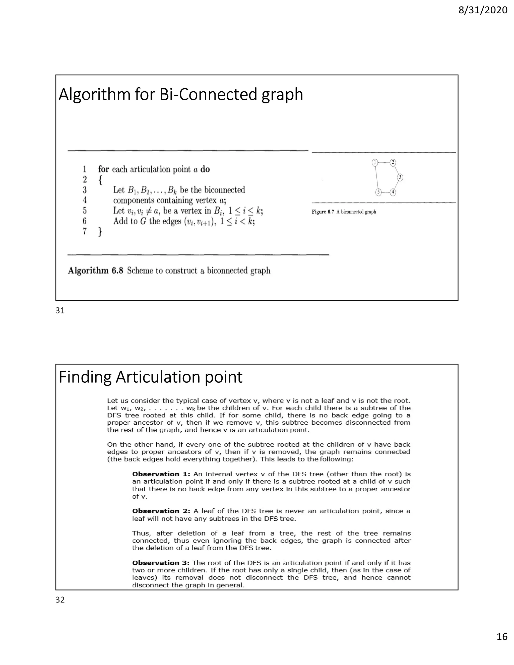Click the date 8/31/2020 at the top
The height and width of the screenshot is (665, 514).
point(483,10)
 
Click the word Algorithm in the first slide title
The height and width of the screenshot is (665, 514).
point(94,95)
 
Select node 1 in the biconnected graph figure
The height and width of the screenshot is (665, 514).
point(375,163)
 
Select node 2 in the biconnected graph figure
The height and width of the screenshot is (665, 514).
point(393,163)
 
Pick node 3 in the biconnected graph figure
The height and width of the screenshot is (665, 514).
point(400,177)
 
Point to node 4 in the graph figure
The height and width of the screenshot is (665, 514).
point(393,192)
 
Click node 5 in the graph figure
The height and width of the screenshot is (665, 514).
point(378,192)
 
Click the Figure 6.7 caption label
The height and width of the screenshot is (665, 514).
point(323,212)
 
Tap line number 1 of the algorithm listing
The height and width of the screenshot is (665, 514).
point(85,169)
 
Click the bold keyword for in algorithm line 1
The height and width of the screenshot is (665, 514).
point(104,169)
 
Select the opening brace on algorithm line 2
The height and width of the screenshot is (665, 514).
point(100,180)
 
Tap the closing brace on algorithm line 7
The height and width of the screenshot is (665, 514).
point(100,232)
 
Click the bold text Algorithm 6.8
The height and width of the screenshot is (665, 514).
point(95,270)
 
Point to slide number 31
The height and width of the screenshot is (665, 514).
point(60,311)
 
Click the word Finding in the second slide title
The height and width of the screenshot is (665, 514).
point(85,377)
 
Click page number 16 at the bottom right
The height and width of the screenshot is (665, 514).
point(502,645)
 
